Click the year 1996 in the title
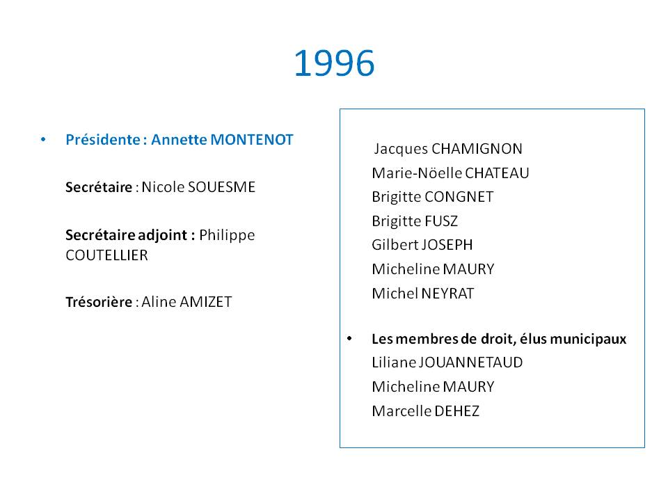(335, 63)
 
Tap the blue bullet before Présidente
(43, 139)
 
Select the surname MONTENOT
(252, 140)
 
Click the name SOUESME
(221, 187)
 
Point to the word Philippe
(227, 236)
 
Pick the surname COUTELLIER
(107, 255)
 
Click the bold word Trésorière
(99, 301)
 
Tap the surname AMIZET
(206, 302)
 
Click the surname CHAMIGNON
(477, 149)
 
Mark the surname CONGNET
(459, 197)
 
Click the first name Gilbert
(395, 245)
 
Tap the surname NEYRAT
(447, 294)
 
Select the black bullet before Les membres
(349, 339)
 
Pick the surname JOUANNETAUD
(471, 363)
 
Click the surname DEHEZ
(456, 411)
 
